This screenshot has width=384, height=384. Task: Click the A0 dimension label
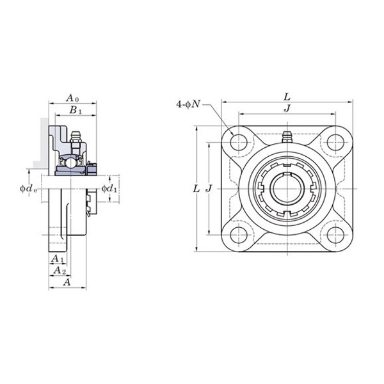(x=72, y=98)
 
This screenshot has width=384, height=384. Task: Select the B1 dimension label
(x=76, y=111)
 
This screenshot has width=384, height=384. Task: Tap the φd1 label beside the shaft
(x=109, y=188)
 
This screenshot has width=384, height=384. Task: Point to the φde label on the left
(x=29, y=188)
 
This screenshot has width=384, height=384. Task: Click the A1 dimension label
(x=58, y=259)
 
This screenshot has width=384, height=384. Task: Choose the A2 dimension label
(x=60, y=271)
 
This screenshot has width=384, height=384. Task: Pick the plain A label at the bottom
(x=67, y=282)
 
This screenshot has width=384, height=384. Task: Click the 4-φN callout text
(x=188, y=104)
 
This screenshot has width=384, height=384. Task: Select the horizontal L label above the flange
(x=287, y=97)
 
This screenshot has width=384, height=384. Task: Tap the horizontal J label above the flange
(x=287, y=108)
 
